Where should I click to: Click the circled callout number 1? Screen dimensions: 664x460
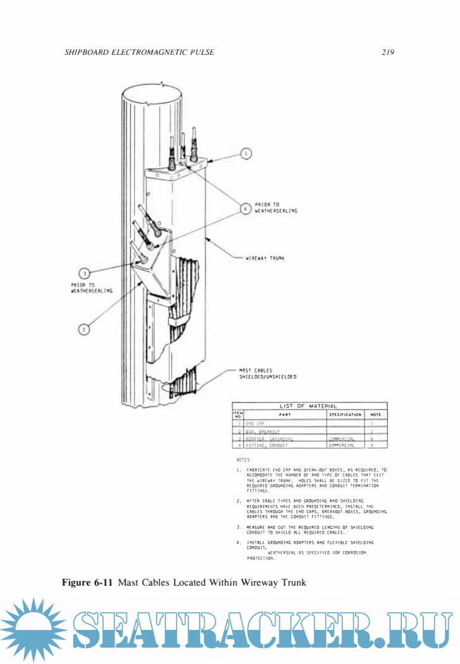tap(247, 153)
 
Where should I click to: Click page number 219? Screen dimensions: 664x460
tap(388, 52)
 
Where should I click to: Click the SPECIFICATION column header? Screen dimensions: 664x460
tap(346, 415)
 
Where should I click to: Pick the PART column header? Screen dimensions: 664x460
tap(285, 415)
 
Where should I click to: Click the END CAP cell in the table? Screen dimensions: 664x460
tap(255, 423)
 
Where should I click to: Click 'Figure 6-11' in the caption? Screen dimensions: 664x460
tap(87, 583)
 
